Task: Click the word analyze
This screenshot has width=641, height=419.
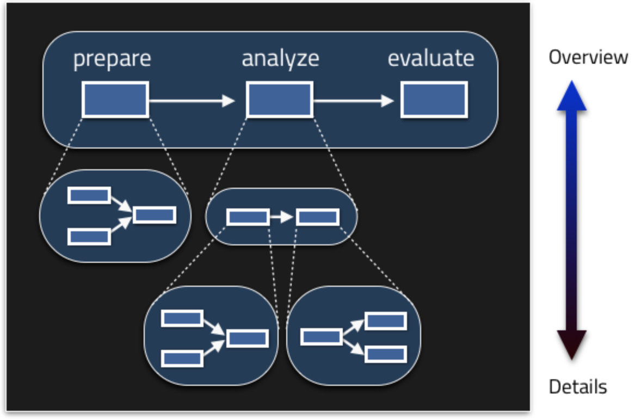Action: coord(280,59)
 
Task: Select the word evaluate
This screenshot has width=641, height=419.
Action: coord(431,58)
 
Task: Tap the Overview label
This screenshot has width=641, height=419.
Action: coord(588,57)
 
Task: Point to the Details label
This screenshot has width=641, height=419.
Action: coord(577,387)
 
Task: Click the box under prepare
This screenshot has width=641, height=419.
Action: coord(115,100)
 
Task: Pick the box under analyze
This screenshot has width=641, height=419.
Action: coord(280,100)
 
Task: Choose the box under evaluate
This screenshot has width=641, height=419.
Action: coord(434,100)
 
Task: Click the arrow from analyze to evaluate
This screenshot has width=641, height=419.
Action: coord(354,100)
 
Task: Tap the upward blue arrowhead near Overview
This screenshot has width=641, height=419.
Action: coord(572,97)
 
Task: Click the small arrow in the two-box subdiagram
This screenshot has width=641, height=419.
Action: coord(282,217)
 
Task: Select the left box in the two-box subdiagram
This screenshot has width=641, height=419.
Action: coord(248,217)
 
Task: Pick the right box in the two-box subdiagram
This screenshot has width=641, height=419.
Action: coord(318,217)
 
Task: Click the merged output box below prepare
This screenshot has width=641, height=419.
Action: coord(155,214)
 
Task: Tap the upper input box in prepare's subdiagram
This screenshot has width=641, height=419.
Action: coord(89,195)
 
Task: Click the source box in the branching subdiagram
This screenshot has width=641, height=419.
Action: coord(322,337)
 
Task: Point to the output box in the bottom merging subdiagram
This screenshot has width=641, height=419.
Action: coord(248,338)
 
